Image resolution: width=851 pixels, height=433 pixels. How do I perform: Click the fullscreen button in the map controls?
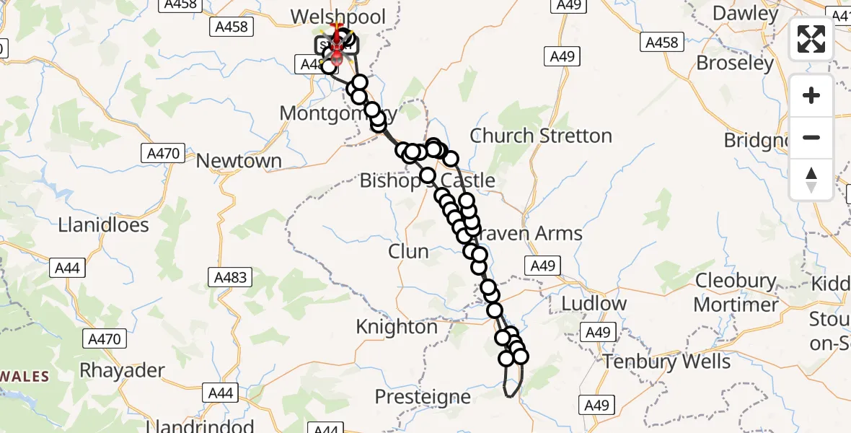click(x=811, y=39)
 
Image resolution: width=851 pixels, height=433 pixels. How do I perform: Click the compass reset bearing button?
click(x=811, y=180)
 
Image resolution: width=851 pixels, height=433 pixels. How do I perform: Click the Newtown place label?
click(x=239, y=160)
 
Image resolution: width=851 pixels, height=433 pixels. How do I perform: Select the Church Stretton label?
click(x=540, y=136)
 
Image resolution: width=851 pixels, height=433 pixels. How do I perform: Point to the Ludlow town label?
click(x=594, y=303)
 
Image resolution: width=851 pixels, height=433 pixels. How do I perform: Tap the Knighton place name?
click(x=397, y=327)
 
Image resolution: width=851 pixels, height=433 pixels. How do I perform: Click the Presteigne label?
click(x=423, y=396)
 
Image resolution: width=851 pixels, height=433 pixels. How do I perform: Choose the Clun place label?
click(x=408, y=251)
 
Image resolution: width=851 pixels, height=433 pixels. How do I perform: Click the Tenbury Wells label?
click(x=667, y=361)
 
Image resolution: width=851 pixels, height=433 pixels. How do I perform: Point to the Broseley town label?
click(x=735, y=63)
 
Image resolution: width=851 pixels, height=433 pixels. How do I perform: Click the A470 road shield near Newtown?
click(x=162, y=153)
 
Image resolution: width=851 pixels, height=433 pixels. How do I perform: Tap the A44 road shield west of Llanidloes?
click(x=67, y=268)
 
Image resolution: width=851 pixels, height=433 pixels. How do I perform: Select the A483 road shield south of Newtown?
click(x=231, y=276)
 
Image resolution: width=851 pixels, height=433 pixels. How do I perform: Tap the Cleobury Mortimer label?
click(x=736, y=292)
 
